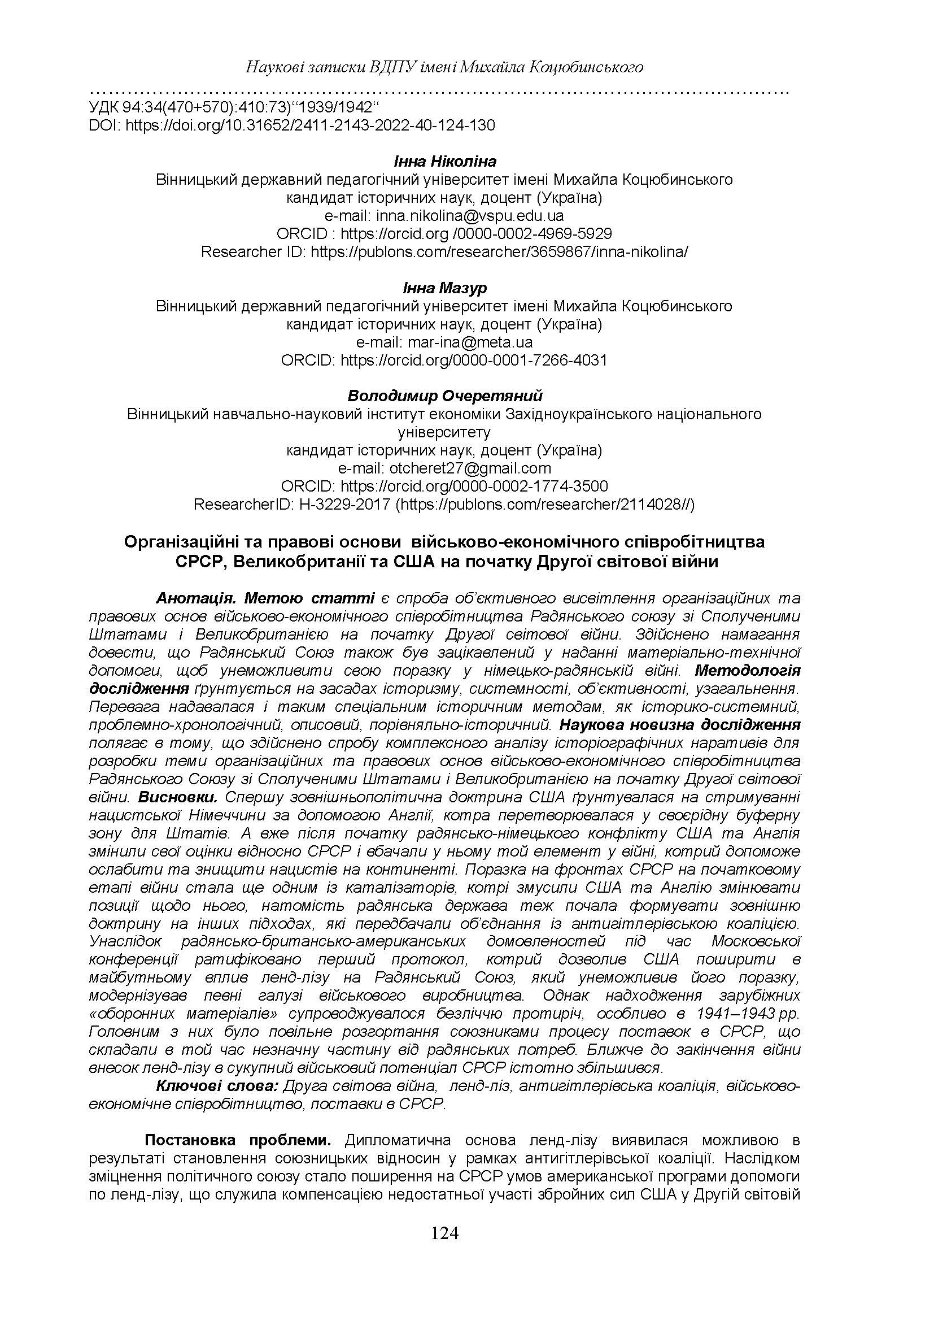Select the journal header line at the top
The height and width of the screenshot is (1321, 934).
(444, 67)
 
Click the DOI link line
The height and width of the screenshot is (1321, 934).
(292, 125)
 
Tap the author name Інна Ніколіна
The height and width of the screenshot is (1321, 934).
(444, 161)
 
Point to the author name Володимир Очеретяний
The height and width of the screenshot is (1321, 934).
(444, 396)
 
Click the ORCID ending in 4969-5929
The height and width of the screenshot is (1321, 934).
(444, 233)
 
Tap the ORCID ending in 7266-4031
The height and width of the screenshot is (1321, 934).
(444, 360)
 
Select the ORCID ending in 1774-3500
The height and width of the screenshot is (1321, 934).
(444, 486)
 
